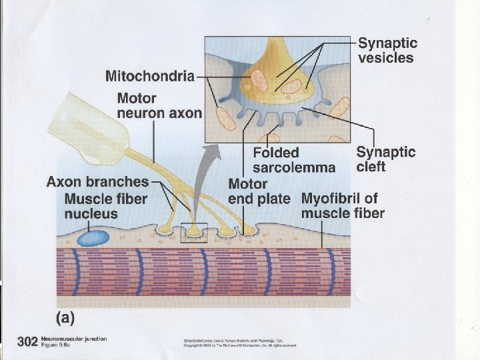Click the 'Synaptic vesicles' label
point(388,50)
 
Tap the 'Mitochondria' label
point(150,75)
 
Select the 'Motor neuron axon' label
point(159,105)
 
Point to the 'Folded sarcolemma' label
point(293,161)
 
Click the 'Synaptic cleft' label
point(385,159)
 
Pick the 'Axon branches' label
point(97,181)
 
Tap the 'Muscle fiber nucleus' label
point(105,206)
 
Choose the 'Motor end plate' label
point(259,191)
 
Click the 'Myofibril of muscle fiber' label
point(343,205)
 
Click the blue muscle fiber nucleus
point(93,237)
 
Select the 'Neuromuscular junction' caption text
point(73,339)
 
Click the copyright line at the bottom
point(240,345)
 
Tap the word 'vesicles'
point(386,57)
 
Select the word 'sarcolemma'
point(293,168)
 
